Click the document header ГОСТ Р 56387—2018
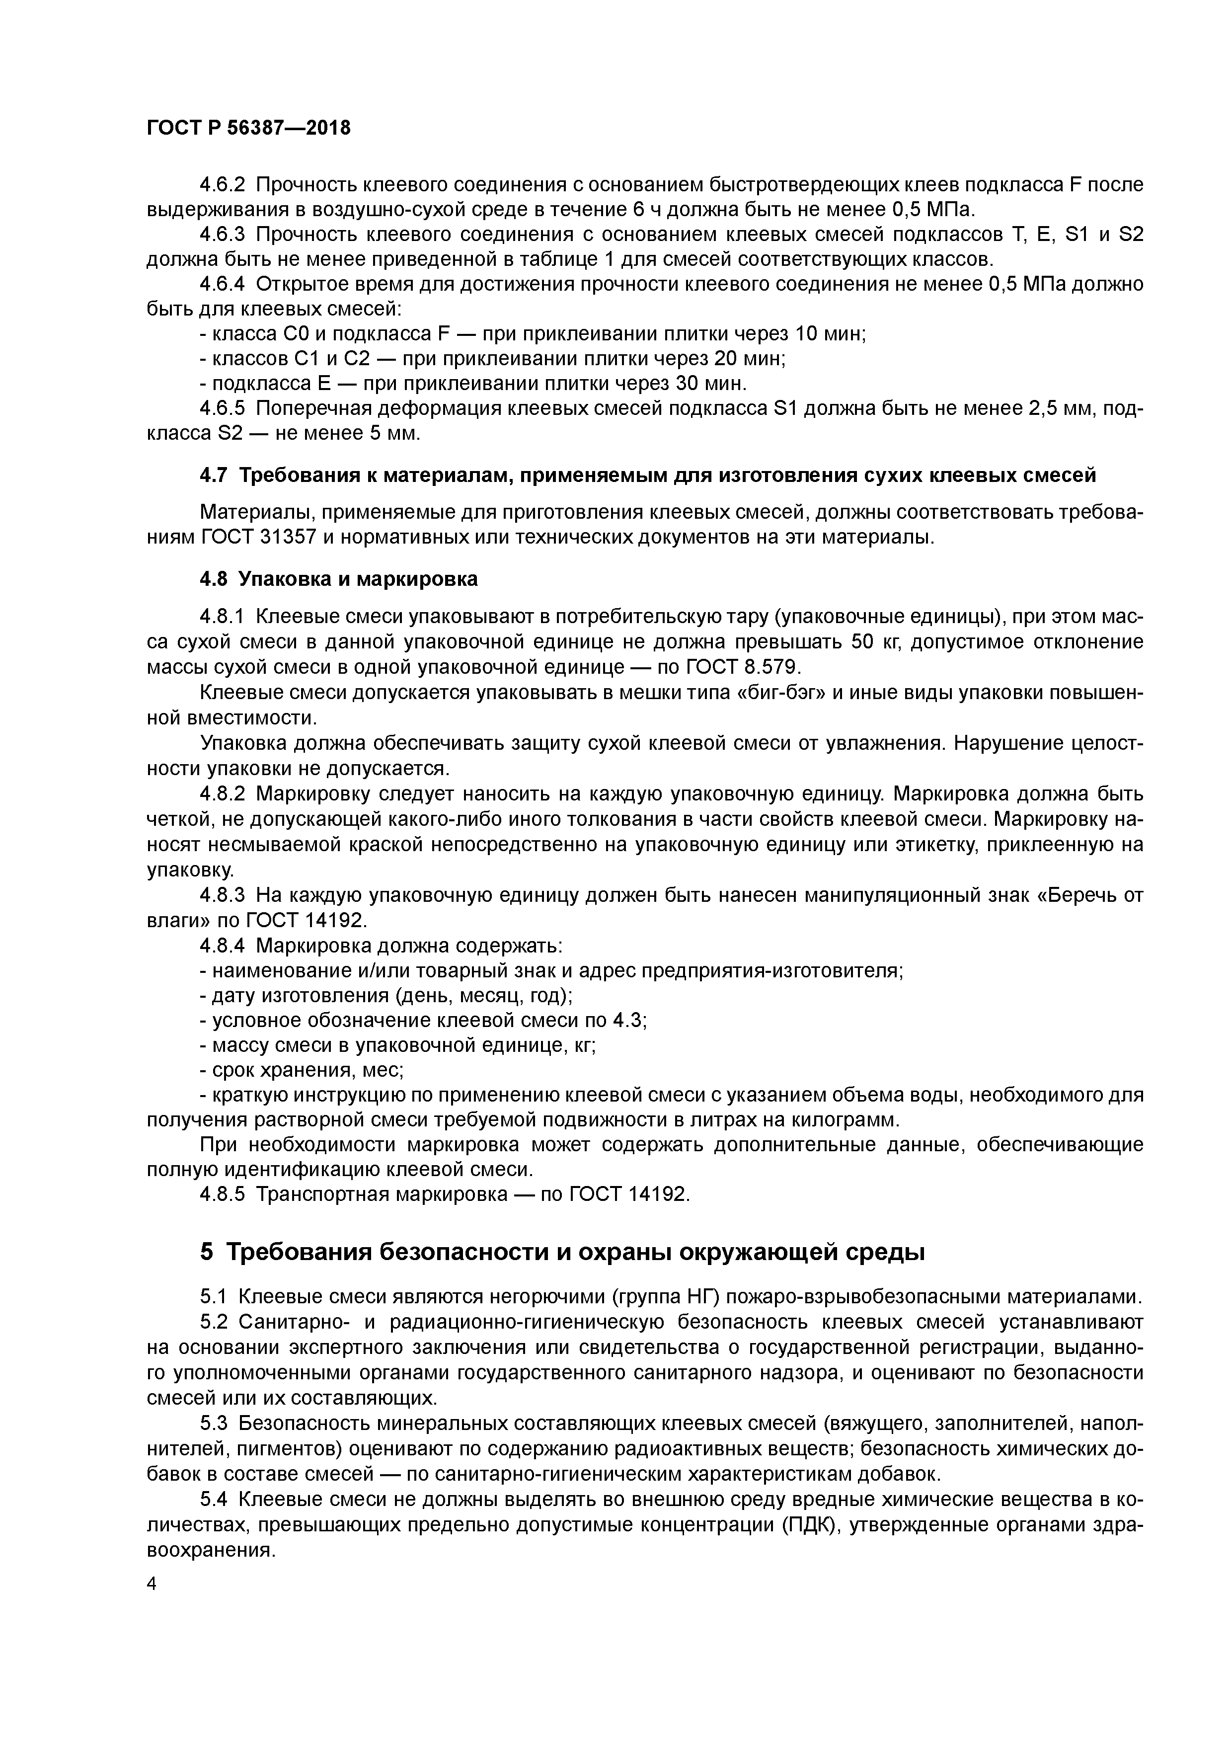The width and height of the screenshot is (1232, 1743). click(x=248, y=128)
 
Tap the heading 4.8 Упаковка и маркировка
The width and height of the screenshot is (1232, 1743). click(x=339, y=579)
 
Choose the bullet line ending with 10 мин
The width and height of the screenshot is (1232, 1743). click(x=532, y=334)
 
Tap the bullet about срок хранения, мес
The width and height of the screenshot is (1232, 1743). click(x=301, y=1070)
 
